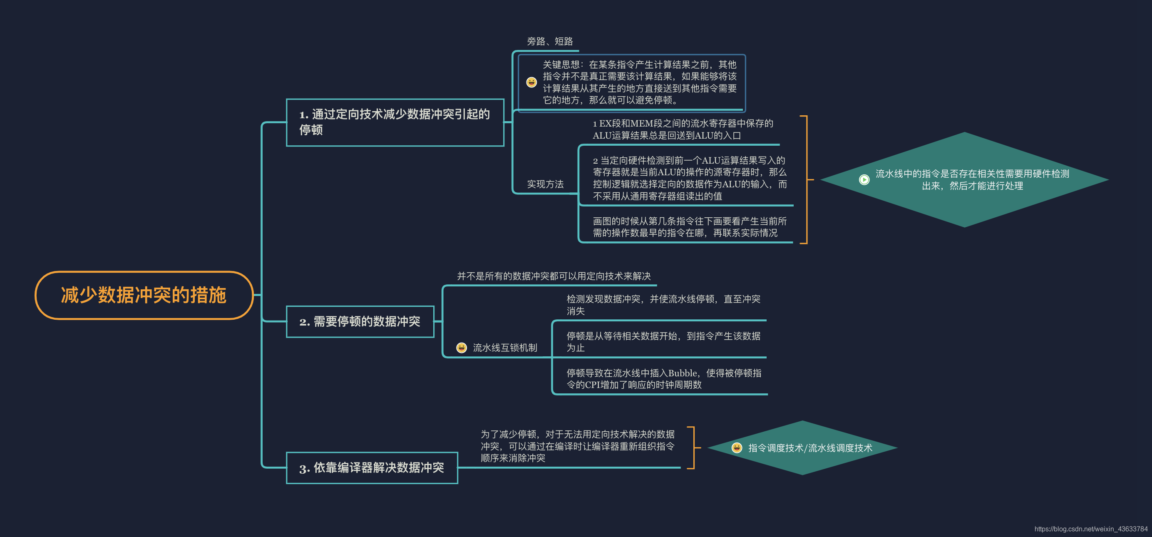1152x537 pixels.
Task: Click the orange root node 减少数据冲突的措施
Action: (144, 295)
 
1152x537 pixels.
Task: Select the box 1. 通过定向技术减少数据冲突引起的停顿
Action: (395, 122)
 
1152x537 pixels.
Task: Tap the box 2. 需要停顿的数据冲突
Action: (360, 321)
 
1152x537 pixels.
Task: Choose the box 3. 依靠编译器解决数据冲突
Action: (371, 468)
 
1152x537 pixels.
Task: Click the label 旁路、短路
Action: (549, 42)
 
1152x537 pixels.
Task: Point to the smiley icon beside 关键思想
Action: (531, 82)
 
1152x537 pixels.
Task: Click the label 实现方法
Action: (545, 184)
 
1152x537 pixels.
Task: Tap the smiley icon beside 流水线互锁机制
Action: (462, 348)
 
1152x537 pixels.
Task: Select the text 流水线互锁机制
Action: (504, 348)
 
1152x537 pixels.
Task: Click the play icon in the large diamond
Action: (864, 180)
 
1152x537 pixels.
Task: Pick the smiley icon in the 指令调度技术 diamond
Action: (737, 447)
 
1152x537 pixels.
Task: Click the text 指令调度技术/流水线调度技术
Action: (810, 448)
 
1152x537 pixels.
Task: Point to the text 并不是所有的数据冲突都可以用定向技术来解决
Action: (553, 276)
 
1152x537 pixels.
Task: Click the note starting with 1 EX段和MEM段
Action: (683, 129)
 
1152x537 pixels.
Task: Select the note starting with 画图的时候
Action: (689, 227)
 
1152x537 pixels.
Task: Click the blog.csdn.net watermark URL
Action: (1090, 529)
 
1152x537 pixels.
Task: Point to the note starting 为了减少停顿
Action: (577, 446)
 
